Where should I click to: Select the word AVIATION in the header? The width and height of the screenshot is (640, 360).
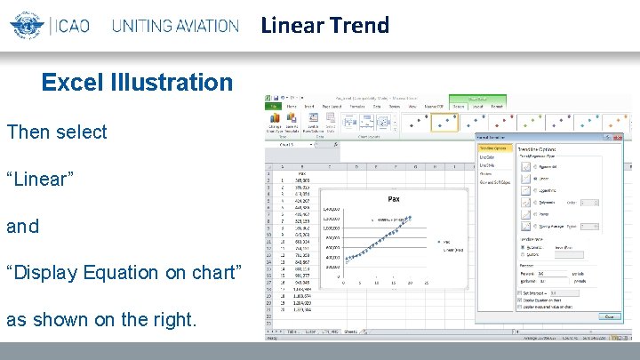click(197, 26)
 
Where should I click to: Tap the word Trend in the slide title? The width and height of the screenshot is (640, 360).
click(359, 25)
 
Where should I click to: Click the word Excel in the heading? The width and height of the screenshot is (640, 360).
click(76, 83)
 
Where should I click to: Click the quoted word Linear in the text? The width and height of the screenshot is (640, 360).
click(40, 179)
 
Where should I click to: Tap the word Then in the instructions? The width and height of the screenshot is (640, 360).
click(27, 132)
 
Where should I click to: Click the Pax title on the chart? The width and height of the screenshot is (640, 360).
click(393, 199)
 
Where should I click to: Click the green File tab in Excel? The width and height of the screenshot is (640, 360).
click(275, 107)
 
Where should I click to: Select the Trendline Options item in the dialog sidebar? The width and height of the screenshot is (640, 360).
click(494, 148)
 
